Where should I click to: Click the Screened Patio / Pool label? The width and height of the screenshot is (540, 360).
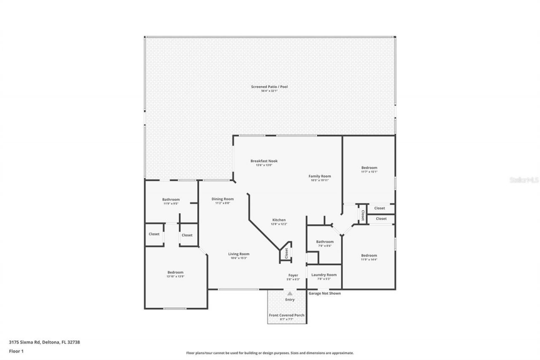point(269,87)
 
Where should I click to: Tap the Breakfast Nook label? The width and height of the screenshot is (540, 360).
point(264,161)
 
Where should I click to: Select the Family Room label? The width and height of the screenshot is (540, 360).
point(319,176)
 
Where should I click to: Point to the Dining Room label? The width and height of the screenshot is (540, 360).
point(222,199)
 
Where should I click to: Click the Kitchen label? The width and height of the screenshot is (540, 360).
point(279,220)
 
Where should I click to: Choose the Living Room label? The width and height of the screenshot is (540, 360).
point(239,254)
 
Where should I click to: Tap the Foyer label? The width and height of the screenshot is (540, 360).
point(293,275)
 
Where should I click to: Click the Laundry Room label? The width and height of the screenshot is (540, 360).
point(324,275)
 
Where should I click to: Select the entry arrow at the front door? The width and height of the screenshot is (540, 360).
point(289,293)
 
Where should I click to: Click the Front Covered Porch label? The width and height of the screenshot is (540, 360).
point(287,315)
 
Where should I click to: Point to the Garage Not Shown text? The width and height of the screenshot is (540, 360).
point(324,293)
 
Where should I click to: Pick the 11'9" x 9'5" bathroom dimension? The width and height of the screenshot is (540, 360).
point(171,204)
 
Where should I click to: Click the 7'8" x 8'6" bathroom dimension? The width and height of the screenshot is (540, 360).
point(325,246)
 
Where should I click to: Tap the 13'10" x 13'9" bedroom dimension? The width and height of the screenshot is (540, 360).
point(175,277)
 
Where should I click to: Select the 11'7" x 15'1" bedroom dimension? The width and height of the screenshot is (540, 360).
point(369,172)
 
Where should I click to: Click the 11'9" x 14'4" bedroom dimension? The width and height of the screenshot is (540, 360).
point(369,260)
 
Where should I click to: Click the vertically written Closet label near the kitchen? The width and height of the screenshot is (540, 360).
point(286,253)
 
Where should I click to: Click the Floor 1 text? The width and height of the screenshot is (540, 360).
point(16,351)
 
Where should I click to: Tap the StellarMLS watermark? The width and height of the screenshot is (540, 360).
point(524,179)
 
